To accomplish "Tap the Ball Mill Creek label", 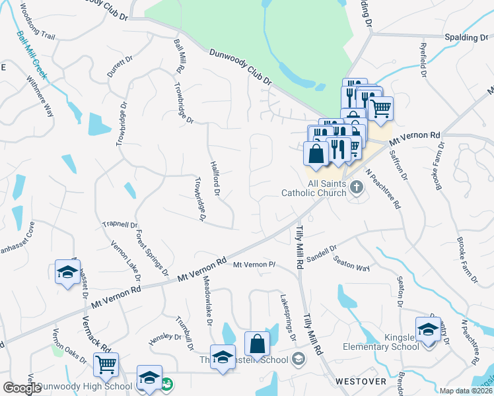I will pyautogui.click(x=32, y=55).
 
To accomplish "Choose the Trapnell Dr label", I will pyautogui.click(x=120, y=224).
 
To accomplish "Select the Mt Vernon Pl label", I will pyautogui.click(x=254, y=265).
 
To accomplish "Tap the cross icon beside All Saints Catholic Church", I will pyautogui.click(x=357, y=187).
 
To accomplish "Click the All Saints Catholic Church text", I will pyautogui.click(x=314, y=188).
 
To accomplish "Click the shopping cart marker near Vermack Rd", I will pyautogui.click(x=106, y=364).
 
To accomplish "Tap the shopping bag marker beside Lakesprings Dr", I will pyautogui.click(x=257, y=343).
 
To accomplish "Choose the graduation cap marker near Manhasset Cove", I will pyautogui.click(x=67, y=273).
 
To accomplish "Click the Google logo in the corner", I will pyautogui.click(x=22, y=388).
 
